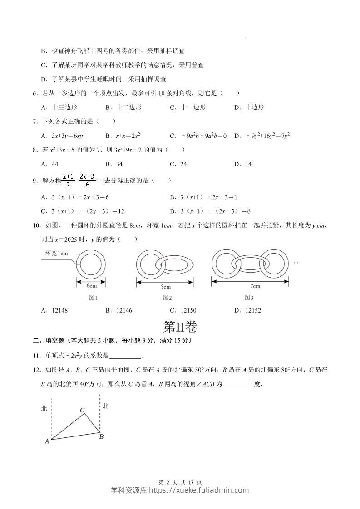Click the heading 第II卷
click(x=180, y=327)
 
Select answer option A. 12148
click(x=57, y=310)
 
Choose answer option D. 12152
click(x=247, y=310)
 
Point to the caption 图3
click(x=249, y=298)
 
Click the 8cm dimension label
click(x=91, y=286)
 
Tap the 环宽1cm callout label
click(x=56, y=254)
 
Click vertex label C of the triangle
click(x=82, y=411)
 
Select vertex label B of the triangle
click(x=101, y=437)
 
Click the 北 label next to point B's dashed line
click(x=105, y=406)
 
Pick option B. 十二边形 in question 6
click(x=123, y=108)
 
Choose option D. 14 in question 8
click(x=243, y=164)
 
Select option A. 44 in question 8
click(x=49, y=164)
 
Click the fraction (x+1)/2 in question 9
click(x=68, y=181)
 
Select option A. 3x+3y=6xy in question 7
click(x=62, y=136)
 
